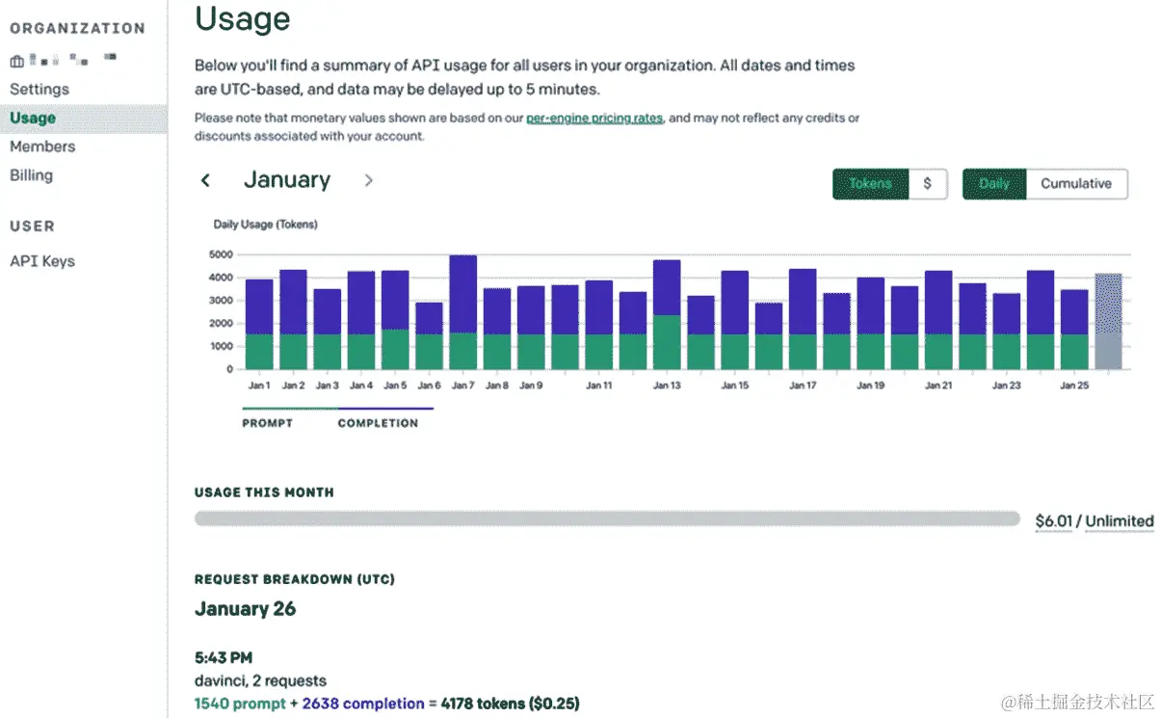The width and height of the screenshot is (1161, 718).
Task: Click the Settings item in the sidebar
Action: click(40, 89)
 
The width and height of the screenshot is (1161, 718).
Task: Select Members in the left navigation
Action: click(42, 146)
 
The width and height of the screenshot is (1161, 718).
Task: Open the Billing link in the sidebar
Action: click(31, 175)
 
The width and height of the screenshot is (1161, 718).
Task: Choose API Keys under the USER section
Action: click(42, 261)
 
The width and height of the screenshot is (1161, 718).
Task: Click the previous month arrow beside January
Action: click(205, 180)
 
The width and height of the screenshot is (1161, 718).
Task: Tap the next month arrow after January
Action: click(368, 180)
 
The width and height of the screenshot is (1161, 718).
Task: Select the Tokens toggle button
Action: click(870, 183)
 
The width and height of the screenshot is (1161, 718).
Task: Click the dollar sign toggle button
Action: click(927, 183)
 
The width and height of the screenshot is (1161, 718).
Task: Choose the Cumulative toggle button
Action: click(1075, 183)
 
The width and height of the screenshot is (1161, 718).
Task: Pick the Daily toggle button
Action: click(994, 183)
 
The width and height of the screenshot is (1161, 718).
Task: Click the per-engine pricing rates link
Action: click(594, 118)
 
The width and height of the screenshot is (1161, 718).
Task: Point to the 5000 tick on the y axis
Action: click(221, 254)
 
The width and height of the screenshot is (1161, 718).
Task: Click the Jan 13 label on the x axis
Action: click(667, 386)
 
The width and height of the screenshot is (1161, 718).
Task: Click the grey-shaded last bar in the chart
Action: click(1108, 321)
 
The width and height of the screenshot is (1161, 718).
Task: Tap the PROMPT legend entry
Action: click(268, 423)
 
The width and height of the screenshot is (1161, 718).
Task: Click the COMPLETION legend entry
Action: click(378, 423)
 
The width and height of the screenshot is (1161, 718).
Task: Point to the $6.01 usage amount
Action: click(1054, 521)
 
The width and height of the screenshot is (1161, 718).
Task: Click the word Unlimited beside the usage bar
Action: click(1120, 521)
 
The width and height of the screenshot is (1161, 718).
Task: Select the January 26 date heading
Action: click(245, 608)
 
